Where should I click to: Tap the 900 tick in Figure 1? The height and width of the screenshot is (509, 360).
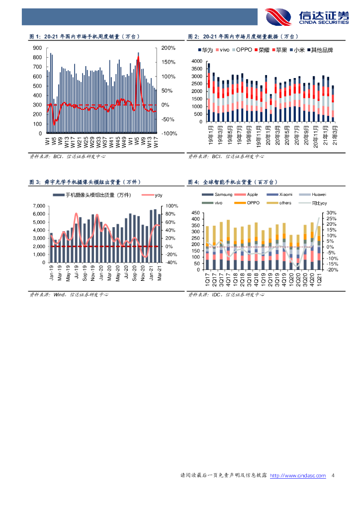tap(37, 48)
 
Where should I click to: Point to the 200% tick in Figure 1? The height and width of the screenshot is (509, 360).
tap(169, 48)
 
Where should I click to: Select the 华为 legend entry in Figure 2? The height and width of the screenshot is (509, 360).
tap(207, 50)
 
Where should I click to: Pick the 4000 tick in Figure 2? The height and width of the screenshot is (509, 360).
tap(196, 61)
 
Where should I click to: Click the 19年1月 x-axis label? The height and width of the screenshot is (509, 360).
tap(211, 133)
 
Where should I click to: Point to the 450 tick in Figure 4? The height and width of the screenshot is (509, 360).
tap(195, 213)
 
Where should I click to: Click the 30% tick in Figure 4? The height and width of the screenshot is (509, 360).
tap(332, 213)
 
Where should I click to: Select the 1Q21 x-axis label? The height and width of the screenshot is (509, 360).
tap(319, 280)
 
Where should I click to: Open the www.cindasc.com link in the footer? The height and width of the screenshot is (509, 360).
tap(297, 476)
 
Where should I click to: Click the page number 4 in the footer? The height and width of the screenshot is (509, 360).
tap(332, 476)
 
